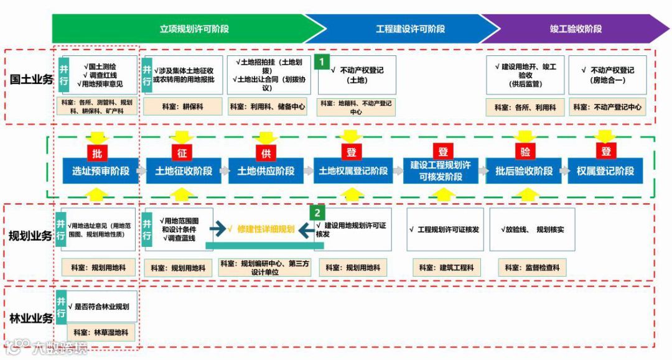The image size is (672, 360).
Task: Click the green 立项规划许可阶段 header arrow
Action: (x=187, y=29)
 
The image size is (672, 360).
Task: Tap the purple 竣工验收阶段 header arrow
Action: (x=576, y=29)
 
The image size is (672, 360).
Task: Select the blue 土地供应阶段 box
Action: (x=266, y=170)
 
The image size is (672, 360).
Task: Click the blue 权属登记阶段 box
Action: (x=605, y=170)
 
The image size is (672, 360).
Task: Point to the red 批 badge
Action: (x=96, y=153)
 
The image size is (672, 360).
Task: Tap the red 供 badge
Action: (x=266, y=153)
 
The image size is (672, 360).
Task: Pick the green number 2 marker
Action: (x=317, y=212)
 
